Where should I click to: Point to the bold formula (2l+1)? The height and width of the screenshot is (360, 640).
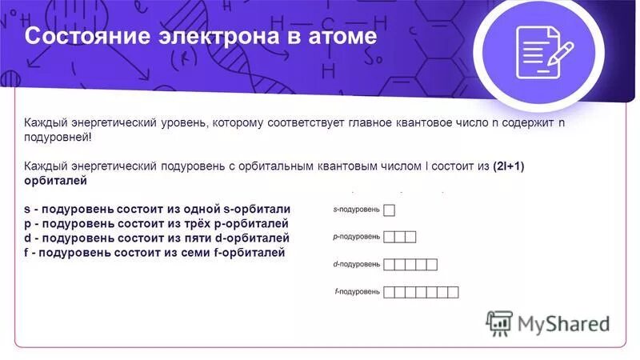[519, 166]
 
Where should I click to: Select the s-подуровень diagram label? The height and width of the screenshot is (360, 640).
[356, 210]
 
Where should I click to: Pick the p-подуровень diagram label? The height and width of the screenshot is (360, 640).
[356, 237]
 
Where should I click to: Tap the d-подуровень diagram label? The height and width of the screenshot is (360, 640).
[356, 264]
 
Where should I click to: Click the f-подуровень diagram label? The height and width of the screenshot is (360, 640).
[357, 292]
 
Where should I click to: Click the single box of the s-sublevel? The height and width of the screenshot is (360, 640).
[390, 210]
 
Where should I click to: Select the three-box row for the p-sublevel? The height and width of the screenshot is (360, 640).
[400, 237]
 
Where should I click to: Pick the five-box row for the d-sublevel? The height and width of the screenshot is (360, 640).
[410, 264]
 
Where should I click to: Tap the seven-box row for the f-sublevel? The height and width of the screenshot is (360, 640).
[421, 292]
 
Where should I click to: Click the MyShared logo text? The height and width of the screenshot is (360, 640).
[563, 323]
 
